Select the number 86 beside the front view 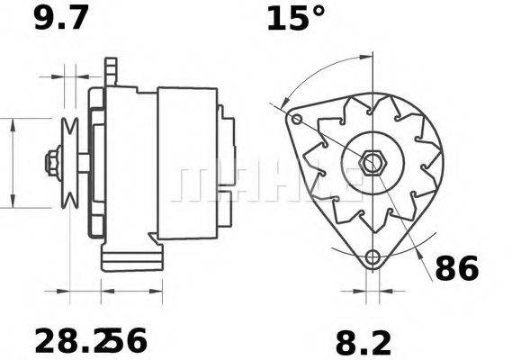pyautogui.click(x=457, y=268)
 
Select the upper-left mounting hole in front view pyautogui.click(x=294, y=118)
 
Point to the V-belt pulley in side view pyautogui.click(x=68, y=163)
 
